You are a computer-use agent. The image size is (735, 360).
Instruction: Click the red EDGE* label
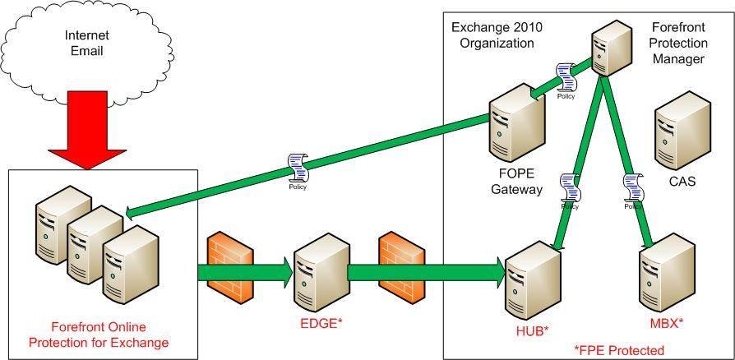(x=320, y=324)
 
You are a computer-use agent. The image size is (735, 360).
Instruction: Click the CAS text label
(x=682, y=182)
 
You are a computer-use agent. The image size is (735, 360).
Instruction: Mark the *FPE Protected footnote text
(x=619, y=350)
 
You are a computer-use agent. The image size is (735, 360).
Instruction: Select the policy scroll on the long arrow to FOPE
(x=298, y=169)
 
